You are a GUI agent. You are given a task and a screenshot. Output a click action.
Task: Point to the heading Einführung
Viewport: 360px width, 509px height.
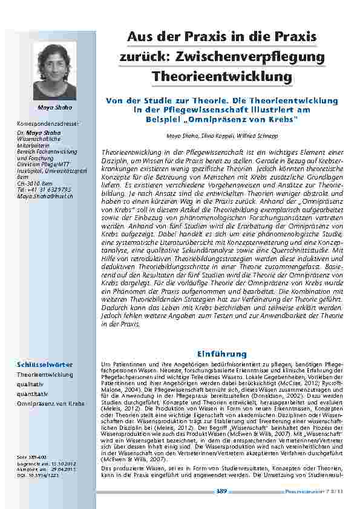218,353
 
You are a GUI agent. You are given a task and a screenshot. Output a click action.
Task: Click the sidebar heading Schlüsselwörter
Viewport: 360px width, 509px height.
45,365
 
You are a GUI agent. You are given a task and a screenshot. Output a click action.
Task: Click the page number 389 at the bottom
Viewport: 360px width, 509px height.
221,491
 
